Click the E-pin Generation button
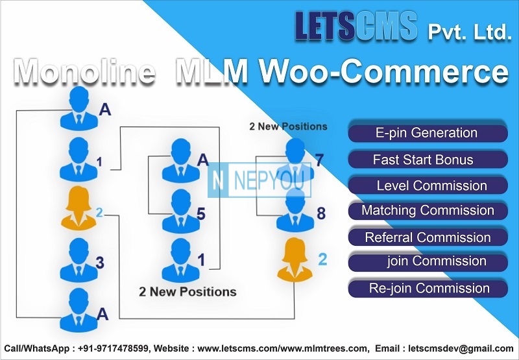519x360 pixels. [x=428, y=133]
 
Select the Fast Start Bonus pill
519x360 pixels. [x=428, y=160]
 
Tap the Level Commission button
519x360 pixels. [x=428, y=186]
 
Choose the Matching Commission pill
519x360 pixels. [x=428, y=211]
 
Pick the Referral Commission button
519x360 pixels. [x=428, y=237]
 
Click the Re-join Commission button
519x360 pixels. [x=428, y=288]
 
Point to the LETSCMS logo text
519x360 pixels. [x=356, y=26]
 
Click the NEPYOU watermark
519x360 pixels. [x=259, y=180]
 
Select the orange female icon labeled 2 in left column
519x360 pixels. [x=78, y=208]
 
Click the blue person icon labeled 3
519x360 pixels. [x=78, y=260]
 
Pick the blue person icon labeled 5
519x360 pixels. [x=181, y=211]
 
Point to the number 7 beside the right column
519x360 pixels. [x=319, y=160]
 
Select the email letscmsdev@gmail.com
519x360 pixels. [x=461, y=348]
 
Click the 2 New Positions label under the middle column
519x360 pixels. [x=187, y=292]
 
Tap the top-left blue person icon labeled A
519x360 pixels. [x=78, y=108]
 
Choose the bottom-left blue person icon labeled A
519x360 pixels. [x=78, y=310]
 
